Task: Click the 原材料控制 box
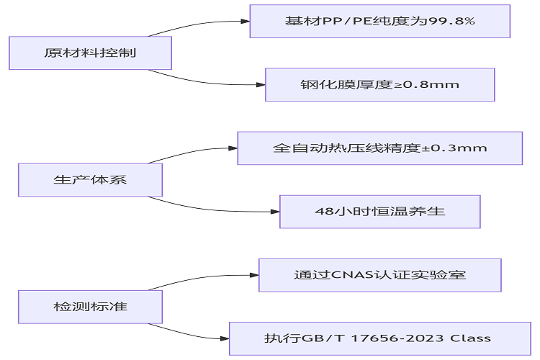click(90, 53)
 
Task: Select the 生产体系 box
click(90, 180)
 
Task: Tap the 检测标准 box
click(90, 307)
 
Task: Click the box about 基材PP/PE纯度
click(379, 21)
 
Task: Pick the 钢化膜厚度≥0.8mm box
click(379, 85)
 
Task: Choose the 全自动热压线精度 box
click(379, 148)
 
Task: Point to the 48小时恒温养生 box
click(379, 212)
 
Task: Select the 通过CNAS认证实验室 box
click(379, 274)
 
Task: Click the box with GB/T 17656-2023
click(379, 338)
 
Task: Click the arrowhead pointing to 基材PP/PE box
click(245, 21)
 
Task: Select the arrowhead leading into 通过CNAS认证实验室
click(253, 274)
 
